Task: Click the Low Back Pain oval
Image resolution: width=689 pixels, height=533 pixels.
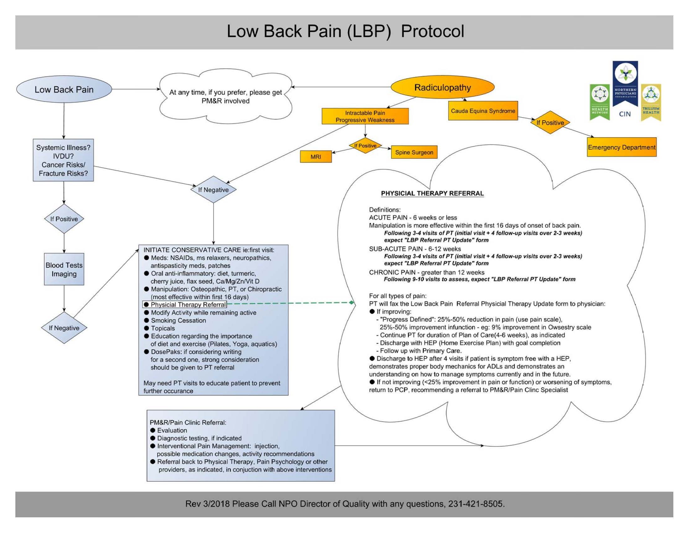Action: pos(64,89)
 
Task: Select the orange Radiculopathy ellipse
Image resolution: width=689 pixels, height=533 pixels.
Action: pos(442,87)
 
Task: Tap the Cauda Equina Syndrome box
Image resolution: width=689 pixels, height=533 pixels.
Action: pos(483,111)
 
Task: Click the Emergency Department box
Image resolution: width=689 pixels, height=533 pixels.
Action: pos(621,147)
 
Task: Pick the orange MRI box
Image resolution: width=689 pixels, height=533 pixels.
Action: pos(315,157)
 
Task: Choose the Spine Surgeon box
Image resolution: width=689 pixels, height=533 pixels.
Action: pos(414,152)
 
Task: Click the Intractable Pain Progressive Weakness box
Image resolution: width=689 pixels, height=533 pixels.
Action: pos(365,116)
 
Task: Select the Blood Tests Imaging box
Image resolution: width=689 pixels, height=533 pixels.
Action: pos(64,269)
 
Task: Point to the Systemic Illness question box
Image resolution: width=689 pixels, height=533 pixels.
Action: pos(63,160)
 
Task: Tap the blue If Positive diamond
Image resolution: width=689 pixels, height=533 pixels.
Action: pos(64,219)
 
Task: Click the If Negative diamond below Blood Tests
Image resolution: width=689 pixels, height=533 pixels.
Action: pos(64,328)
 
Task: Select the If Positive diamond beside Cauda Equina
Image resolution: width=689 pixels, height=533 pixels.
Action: pos(550,123)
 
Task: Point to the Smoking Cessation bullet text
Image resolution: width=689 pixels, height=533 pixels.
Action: pos(178,320)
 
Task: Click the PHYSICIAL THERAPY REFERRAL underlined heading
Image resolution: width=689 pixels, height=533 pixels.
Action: pos(432,193)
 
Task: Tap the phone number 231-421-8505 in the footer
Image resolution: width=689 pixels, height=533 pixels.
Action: pos(476,504)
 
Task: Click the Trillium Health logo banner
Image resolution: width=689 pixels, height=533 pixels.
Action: pos(651,103)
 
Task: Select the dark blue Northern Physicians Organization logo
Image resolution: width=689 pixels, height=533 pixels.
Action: pos(625,84)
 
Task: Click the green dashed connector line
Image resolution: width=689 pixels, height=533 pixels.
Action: pos(290,303)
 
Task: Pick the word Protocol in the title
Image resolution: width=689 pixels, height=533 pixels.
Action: pos(432,32)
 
